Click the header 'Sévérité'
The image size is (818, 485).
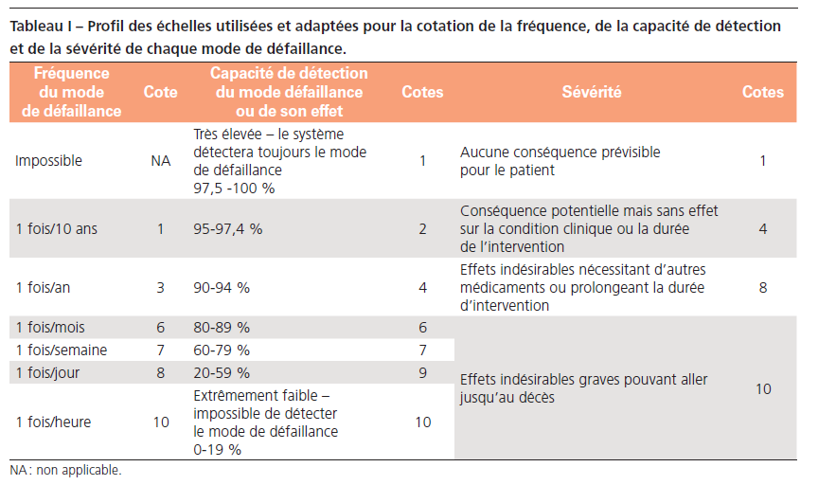[x=592, y=92]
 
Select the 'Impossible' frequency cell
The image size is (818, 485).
[x=48, y=161]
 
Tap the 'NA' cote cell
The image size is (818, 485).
[x=160, y=161]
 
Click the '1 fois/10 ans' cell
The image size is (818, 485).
[x=55, y=229]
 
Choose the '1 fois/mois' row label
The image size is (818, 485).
[x=50, y=328]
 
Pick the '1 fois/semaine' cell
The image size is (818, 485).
[x=61, y=350]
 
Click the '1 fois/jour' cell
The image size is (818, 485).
[x=47, y=373]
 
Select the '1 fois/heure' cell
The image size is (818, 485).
[x=53, y=422]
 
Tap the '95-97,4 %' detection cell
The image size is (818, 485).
[x=228, y=229]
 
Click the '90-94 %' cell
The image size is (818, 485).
[x=222, y=287]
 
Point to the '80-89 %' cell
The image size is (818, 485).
[x=222, y=328]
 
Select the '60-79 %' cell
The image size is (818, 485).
[x=222, y=350]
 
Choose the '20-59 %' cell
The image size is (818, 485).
[x=222, y=373]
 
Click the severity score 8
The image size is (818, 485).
[x=763, y=287]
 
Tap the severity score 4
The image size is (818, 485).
[x=763, y=229]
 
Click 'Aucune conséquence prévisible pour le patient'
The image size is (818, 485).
[x=560, y=161]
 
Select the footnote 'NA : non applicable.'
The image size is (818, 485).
[x=65, y=470]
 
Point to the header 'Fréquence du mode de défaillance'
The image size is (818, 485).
[x=72, y=92]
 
